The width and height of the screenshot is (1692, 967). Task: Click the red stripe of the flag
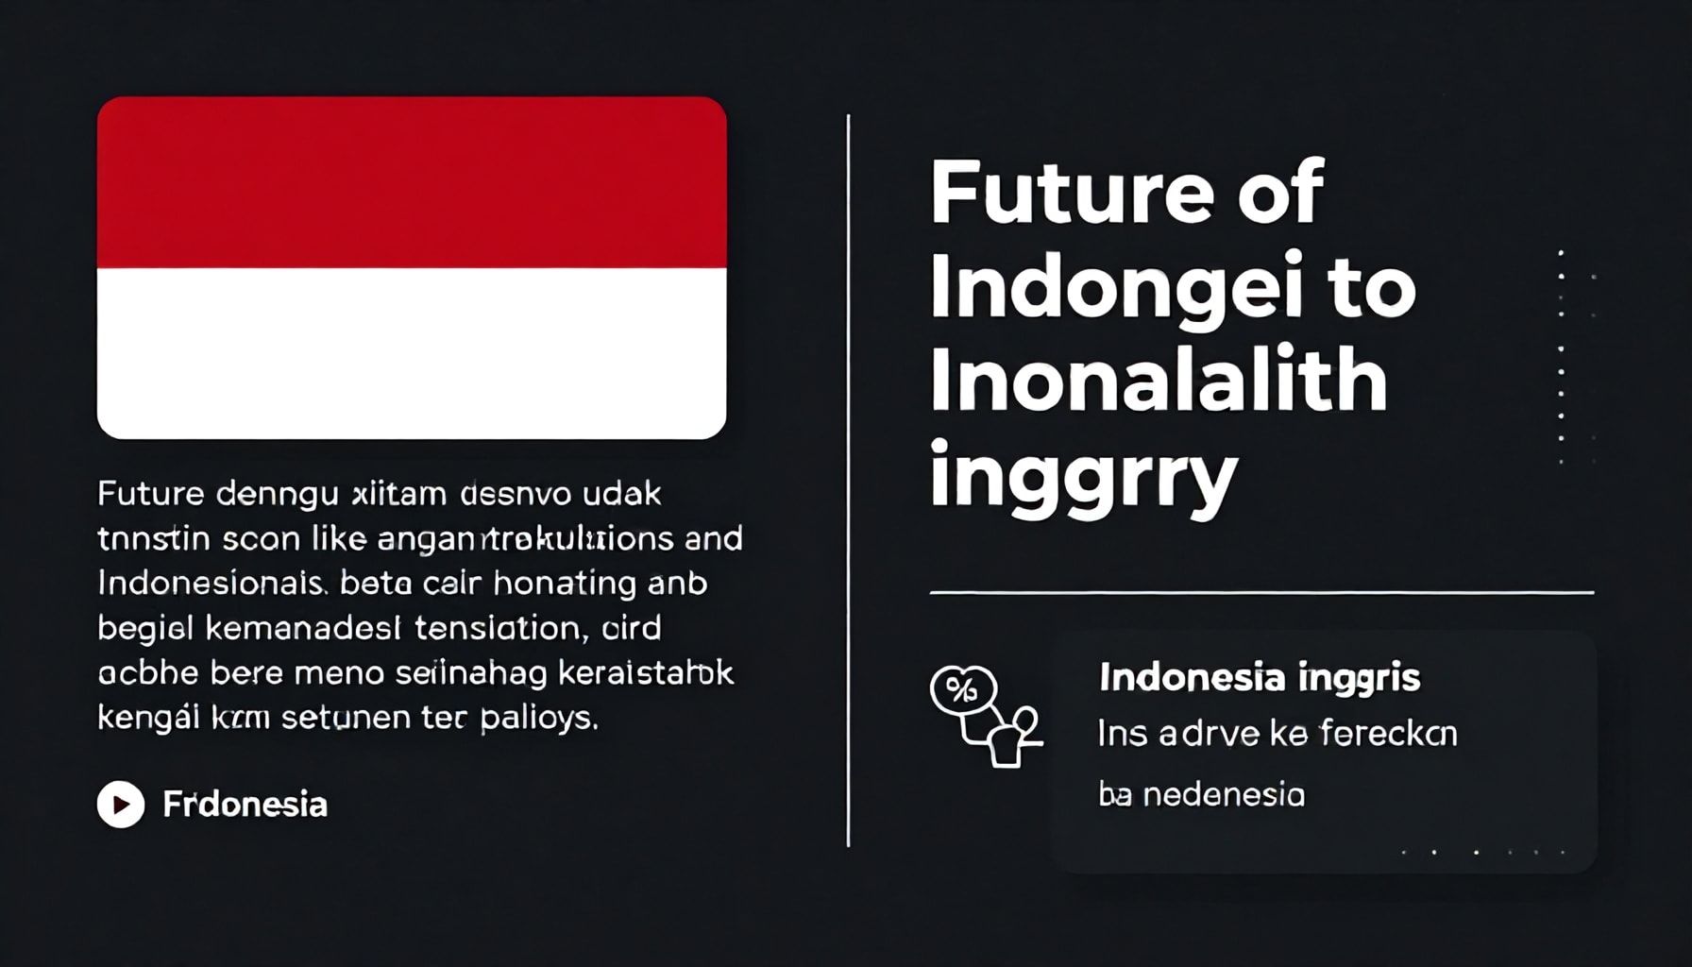[x=412, y=182]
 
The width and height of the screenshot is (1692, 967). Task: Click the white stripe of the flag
[x=412, y=352]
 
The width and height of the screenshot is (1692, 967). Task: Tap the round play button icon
[x=121, y=805]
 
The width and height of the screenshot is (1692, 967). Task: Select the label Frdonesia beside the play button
[x=245, y=805]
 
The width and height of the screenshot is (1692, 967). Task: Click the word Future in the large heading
[x=1071, y=193]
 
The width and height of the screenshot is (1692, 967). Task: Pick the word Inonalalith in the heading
[x=1158, y=380]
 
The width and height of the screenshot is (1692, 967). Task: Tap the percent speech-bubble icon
[x=962, y=690]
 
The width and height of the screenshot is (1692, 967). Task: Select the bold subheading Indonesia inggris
[x=1260, y=678]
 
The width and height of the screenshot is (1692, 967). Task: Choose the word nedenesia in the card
[x=1224, y=795]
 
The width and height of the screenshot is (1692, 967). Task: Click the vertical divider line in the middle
[x=848, y=482]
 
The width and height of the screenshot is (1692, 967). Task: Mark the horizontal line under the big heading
[x=1261, y=593]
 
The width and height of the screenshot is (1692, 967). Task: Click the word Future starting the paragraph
[x=150, y=493]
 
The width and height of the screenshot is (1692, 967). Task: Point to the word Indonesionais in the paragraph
[x=211, y=584]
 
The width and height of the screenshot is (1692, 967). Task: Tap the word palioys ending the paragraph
[x=538, y=719]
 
